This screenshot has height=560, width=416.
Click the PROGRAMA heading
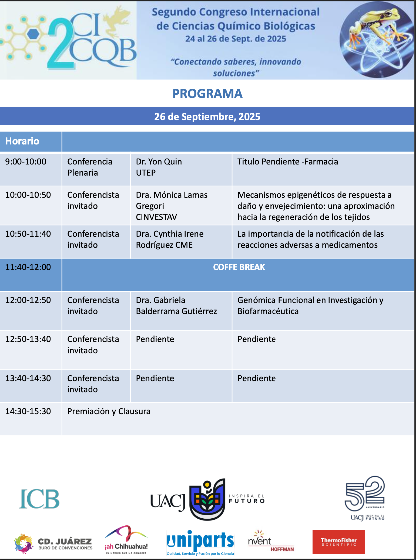click(x=207, y=94)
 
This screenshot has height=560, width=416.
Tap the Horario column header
click(x=22, y=141)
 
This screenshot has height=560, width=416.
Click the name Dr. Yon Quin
click(x=159, y=162)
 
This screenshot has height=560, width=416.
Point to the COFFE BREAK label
click(x=239, y=267)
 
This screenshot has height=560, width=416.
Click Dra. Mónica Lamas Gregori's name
click(x=172, y=200)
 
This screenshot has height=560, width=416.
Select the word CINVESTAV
click(x=156, y=217)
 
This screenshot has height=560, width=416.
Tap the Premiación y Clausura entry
click(x=109, y=411)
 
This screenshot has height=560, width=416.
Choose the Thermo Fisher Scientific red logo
click(x=338, y=542)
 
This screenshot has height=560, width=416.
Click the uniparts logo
click(x=200, y=543)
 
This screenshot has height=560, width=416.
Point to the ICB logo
click(x=39, y=499)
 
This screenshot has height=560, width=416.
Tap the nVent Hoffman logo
click(x=271, y=541)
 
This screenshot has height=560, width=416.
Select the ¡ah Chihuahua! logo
click(x=126, y=540)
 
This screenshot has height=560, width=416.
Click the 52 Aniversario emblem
click(x=365, y=498)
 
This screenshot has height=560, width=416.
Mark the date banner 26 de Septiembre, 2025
click(x=207, y=117)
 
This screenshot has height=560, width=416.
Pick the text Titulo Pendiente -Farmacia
click(x=288, y=162)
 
